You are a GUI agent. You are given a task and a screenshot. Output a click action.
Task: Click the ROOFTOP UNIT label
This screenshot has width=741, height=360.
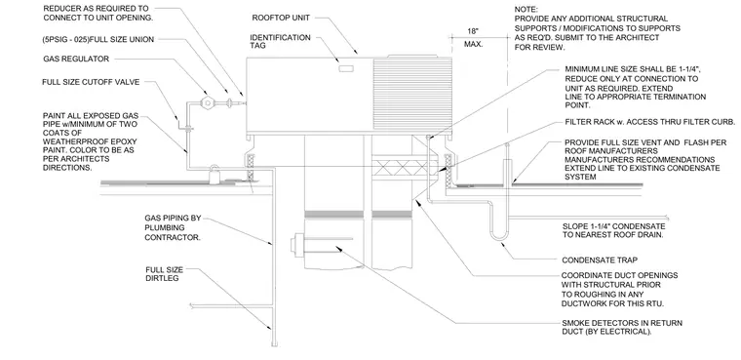281,18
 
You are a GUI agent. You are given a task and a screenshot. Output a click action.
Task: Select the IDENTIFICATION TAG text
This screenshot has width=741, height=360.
280,42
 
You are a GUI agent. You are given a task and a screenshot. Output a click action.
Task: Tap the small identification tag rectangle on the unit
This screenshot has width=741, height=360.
346,69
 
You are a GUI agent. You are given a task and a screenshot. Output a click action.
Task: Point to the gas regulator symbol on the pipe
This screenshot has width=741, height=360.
206,101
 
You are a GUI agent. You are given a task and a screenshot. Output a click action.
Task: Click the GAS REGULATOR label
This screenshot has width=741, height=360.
76,60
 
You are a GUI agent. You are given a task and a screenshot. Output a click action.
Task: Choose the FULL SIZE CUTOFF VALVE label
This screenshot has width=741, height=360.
91,82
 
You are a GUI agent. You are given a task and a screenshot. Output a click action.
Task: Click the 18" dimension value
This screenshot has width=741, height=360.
473,31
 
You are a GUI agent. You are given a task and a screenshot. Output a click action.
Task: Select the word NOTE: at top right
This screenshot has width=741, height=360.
526,10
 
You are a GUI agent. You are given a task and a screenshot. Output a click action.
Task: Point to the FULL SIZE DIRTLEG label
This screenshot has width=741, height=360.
164,274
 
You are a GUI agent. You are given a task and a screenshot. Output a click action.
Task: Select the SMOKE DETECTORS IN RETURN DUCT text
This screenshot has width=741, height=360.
622,328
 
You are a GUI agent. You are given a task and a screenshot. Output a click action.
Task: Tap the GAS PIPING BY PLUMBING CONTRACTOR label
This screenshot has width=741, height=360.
173,227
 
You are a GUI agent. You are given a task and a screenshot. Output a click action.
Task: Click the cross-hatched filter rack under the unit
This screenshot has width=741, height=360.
405,167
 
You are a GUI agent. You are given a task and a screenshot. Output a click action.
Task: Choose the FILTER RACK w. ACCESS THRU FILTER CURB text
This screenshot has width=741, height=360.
649,122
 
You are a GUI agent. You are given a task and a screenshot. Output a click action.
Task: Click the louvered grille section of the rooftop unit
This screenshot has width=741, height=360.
412,94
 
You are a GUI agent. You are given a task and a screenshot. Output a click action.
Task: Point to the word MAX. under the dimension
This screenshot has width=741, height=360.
473,45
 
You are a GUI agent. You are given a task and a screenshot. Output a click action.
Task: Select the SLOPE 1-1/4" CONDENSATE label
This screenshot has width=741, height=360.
614,230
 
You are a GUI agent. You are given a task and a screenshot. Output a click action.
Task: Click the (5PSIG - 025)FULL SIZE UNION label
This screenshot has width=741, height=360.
97,40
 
